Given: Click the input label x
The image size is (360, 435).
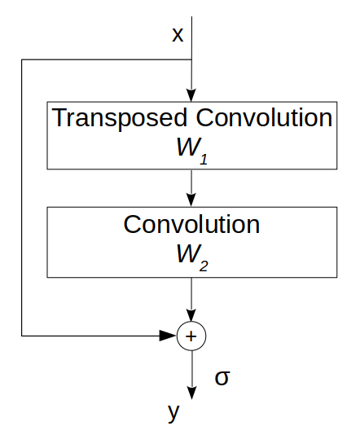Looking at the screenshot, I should pyautogui.click(x=178, y=35).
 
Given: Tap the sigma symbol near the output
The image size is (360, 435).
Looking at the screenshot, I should pyautogui.click(x=222, y=376).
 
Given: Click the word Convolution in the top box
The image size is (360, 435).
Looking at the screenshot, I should pyautogui.click(x=264, y=118).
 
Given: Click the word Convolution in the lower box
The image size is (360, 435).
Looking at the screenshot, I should pyautogui.click(x=191, y=224).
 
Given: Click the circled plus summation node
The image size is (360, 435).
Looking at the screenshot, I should pyautogui.click(x=191, y=335).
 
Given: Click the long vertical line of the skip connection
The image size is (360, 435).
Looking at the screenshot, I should pyautogui.click(x=22, y=196).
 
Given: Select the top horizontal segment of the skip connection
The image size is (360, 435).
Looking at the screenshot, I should pyautogui.click(x=106, y=59).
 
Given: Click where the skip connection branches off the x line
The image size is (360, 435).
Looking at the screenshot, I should pyautogui.click(x=191, y=59).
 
